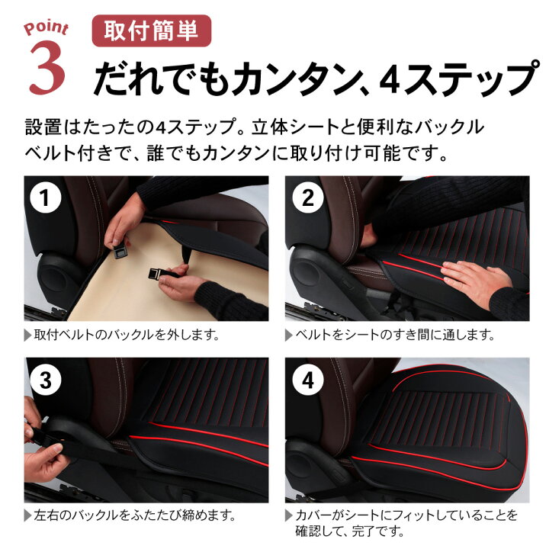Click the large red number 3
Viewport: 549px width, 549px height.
tap(47, 67)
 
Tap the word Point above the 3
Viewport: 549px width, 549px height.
tap(47, 27)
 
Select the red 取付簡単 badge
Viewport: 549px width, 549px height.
tap(151, 30)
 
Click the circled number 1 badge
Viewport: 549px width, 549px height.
tap(45, 197)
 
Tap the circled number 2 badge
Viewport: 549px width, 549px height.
tap(308, 197)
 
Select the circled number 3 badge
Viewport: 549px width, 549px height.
tap(45, 380)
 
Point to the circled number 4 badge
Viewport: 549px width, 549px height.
tap(308, 380)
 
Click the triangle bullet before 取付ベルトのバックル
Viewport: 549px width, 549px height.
tap(27, 335)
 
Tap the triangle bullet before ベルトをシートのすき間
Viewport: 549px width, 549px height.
tap(289, 335)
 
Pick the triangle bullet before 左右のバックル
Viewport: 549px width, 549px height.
tap(27, 516)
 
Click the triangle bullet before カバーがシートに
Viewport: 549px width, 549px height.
tap(289, 516)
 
